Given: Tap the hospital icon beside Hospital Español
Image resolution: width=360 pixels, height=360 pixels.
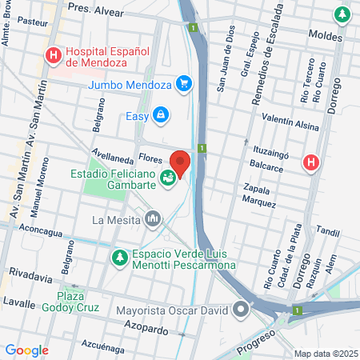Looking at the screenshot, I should coord(54,55).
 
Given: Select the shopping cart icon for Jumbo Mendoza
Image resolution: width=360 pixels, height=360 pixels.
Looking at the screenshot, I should coord(185,82).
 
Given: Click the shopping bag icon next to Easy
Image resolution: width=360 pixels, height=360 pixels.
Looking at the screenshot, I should coord(161,116).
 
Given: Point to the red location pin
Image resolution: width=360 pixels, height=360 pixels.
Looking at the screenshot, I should coord(181,162).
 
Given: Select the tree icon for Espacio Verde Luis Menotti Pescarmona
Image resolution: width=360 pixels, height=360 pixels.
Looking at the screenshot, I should coord(119,258).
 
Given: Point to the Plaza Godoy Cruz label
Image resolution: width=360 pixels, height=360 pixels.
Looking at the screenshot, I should coord(81,293).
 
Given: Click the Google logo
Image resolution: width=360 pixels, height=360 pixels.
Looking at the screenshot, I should coord(26,350).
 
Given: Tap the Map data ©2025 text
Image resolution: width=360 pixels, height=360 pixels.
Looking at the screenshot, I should coord(324,353).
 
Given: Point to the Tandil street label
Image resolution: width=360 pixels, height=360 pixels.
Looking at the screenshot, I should coord(328,231).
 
